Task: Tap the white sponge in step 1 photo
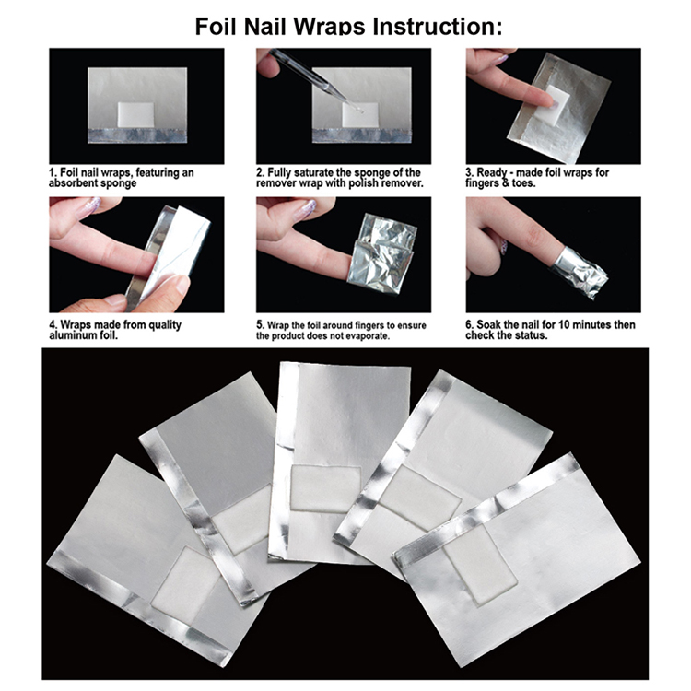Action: coord(135,113)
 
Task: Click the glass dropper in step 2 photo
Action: coord(315,79)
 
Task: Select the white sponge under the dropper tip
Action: coord(360,114)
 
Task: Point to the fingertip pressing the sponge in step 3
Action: coord(546,101)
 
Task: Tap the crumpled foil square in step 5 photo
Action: coord(381,254)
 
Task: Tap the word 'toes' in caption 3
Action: coord(522,183)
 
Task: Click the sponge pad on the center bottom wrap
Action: coord(325,488)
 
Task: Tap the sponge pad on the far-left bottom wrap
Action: coord(185,578)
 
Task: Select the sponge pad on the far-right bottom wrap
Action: coord(480,565)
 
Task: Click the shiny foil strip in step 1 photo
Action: coord(137,135)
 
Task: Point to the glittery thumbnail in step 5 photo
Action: coord(307,209)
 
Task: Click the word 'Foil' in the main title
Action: coord(217,27)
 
